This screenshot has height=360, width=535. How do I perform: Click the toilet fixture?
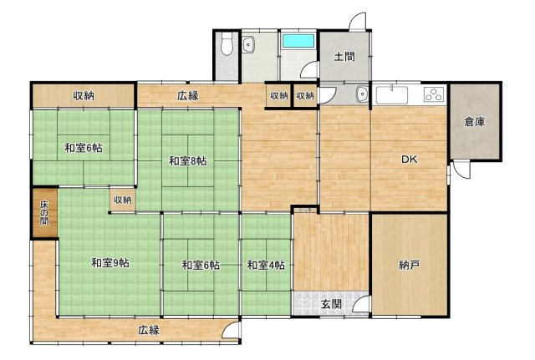(227, 43)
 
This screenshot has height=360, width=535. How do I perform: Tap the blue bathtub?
(298, 41)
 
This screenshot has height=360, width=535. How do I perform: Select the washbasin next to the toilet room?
(248, 44)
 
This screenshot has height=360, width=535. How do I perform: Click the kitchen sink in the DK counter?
(392, 95)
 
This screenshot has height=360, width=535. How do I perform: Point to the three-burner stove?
(435, 94)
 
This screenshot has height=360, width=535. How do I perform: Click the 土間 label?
(344, 56)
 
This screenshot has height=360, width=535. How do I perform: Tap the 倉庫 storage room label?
(475, 122)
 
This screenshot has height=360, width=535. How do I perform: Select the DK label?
(409, 160)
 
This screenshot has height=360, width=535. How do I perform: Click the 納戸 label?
(409, 265)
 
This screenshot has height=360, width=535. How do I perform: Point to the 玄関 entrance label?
(332, 304)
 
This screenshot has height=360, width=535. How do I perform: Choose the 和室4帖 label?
(266, 265)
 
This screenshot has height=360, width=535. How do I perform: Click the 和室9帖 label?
(110, 263)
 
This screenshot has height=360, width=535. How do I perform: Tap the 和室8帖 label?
(187, 160)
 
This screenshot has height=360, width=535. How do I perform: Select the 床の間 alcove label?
(44, 213)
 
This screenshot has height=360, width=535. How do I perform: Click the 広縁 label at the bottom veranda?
(149, 330)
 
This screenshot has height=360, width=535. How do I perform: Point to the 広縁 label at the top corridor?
(187, 96)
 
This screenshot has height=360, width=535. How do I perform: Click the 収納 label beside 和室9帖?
(123, 200)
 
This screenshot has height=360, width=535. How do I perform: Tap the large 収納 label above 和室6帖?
(84, 96)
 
